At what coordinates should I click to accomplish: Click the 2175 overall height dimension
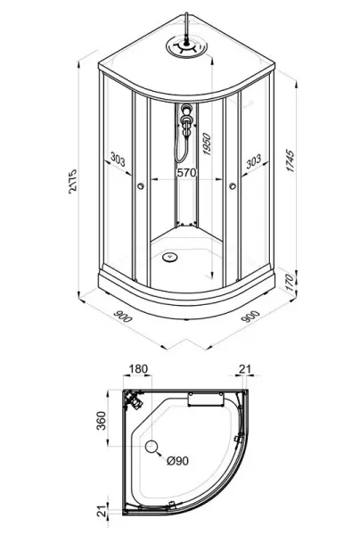pos(72,181)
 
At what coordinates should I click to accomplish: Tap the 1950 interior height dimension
pos(207,144)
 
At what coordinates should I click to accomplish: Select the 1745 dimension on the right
pos(290,160)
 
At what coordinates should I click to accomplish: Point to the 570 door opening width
pos(187,173)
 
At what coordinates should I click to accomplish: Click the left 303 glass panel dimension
pos(118,159)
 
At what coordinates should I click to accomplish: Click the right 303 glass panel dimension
pos(254,161)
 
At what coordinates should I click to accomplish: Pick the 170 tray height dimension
pos(290,282)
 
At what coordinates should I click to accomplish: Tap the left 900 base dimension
pos(122,317)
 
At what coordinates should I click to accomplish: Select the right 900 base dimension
pos(250,316)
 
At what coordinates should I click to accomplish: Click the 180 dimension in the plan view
pos(138,369)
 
